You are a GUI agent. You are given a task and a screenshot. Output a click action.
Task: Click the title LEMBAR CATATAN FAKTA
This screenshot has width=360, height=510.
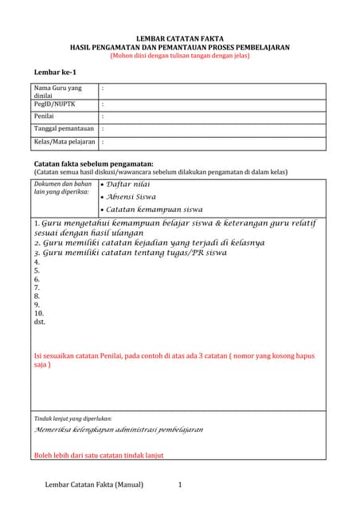coord(180,38)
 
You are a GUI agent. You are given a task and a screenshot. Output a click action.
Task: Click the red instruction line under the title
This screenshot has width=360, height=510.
coord(180,56)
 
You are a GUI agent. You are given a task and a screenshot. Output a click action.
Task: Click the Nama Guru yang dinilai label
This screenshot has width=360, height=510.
coord(57,91)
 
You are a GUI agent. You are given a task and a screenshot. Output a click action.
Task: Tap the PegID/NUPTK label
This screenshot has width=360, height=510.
coord(55,104)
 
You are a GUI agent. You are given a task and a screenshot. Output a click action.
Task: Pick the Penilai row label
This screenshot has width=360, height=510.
coord(45,116)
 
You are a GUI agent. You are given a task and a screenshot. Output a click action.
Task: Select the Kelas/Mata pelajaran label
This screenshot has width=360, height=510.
coord(65,142)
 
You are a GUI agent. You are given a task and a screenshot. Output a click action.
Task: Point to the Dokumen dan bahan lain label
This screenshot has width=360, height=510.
coord(63,188)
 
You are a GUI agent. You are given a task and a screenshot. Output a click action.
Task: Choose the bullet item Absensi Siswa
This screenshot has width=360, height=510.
coord(131,196)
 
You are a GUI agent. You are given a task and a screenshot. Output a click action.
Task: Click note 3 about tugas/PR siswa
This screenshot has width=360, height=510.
coord(131,253)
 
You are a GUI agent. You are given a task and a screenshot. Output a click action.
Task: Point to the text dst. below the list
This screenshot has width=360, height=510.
coord(40,323)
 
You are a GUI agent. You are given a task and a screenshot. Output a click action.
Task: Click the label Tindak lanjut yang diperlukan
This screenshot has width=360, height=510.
coord(72,418)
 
